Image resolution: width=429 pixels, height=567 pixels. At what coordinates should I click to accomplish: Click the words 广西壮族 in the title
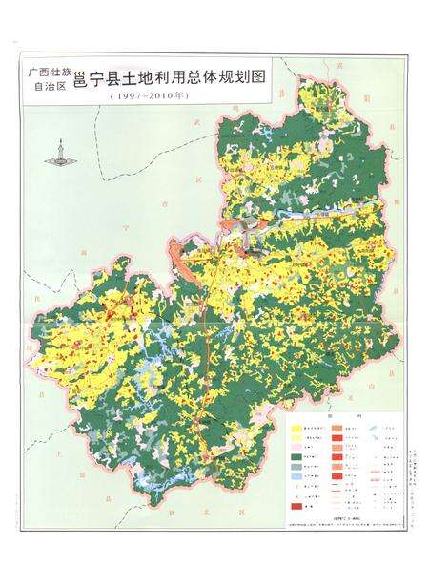(x=49, y=71)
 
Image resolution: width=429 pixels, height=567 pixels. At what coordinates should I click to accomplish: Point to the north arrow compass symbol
(x=63, y=153)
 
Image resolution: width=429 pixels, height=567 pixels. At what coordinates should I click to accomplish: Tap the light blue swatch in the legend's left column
(x=299, y=485)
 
